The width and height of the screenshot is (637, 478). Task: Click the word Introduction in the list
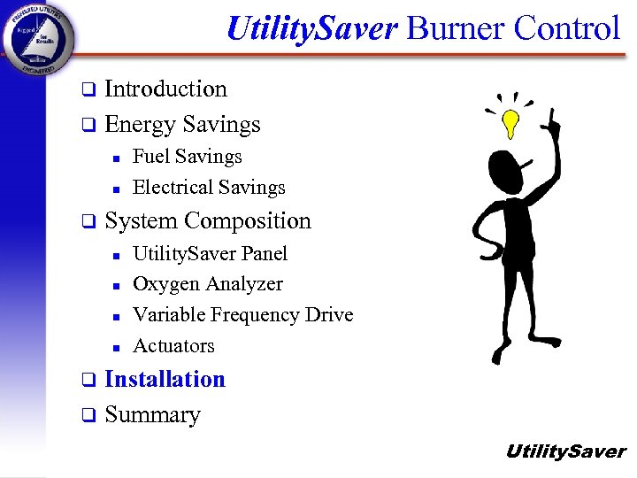tap(165, 89)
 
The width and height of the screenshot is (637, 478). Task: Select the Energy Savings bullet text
tap(182, 125)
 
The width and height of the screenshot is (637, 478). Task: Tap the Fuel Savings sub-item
tap(187, 157)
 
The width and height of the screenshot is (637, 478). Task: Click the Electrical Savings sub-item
tap(209, 188)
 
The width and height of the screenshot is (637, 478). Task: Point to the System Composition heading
tap(208, 220)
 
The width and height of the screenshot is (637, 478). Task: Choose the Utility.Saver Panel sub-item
tap(210, 254)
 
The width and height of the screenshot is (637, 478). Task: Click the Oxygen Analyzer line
tap(207, 284)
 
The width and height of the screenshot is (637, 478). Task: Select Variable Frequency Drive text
tap(242, 315)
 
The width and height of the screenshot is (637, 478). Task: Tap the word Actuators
tap(173, 346)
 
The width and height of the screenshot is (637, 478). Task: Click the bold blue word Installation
tap(165, 380)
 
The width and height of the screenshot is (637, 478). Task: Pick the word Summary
tap(152, 415)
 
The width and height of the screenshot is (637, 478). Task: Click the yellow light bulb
tap(510, 124)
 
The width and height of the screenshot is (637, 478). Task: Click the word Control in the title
tap(566, 28)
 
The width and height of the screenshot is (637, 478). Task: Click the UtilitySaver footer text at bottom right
tap(564, 452)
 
